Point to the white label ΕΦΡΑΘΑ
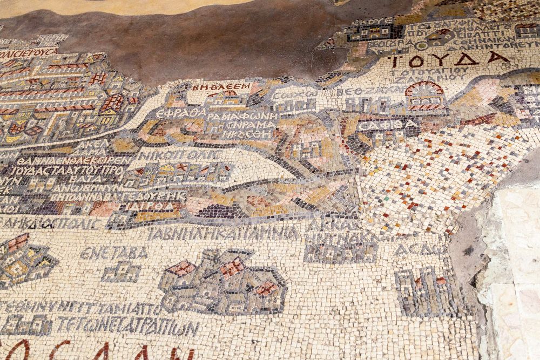[x=180, y=113]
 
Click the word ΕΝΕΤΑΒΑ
[x=113, y=253]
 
